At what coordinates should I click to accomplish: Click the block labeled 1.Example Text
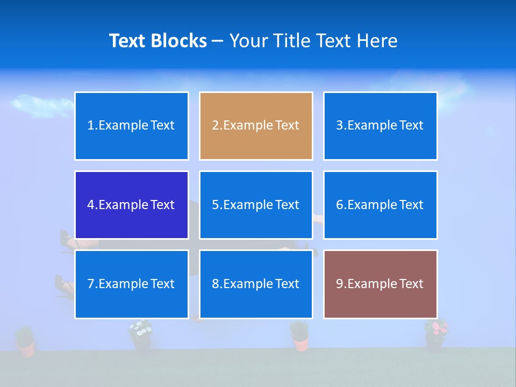pos(131,126)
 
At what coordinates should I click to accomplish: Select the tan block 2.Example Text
pos(256,126)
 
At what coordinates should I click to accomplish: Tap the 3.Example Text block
pos(380,126)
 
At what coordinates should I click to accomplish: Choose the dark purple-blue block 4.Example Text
pos(131,205)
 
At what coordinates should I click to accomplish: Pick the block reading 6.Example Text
pos(380,205)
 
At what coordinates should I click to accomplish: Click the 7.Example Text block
pos(131,284)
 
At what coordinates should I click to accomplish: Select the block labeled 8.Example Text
pos(256,284)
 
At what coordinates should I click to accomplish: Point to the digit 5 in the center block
pos(215,205)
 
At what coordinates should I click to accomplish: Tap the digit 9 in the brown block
pos(340,284)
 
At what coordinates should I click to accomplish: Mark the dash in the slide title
pos(218,41)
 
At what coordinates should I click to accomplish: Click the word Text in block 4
pos(162,205)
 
